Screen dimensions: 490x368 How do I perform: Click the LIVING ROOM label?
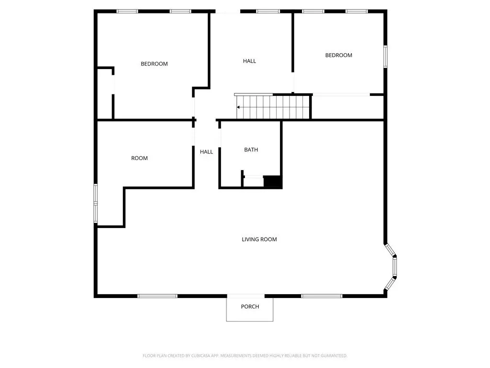[259, 240]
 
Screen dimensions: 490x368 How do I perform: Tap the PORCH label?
[250, 307]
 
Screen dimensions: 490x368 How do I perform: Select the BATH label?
[251, 149]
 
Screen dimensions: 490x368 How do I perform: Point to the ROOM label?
[139, 158]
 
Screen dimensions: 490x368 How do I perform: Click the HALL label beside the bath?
[206, 152]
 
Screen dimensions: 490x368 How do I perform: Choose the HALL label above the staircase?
[249, 61]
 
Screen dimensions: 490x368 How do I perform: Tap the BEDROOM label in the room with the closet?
[154, 64]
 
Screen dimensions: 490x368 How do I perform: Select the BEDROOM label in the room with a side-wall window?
[338, 56]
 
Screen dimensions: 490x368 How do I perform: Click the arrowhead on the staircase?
[238, 107]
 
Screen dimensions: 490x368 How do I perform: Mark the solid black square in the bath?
[272, 182]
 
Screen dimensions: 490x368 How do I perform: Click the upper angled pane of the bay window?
[390, 250]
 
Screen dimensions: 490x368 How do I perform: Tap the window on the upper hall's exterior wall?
[268, 11]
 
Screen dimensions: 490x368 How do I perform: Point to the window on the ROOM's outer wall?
[96, 203]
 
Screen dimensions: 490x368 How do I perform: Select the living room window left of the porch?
[157, 296]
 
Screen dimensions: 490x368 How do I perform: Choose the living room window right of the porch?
[322, 296]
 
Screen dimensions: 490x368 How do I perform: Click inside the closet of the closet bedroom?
[105, 94]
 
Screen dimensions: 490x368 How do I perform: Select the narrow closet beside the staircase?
[347, 107]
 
